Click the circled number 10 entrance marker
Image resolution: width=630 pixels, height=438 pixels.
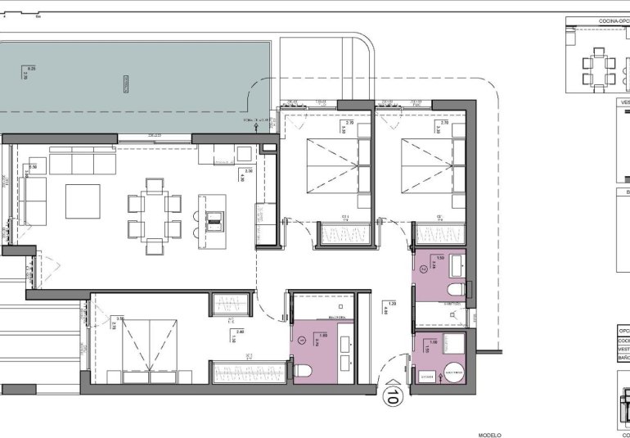[392, 397]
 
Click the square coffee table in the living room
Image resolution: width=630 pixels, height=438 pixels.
[83, 201]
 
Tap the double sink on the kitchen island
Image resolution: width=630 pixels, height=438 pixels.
[214, 218]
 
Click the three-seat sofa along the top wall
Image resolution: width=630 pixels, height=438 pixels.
[83, 164]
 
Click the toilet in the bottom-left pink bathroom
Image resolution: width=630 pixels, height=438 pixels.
[304, 370]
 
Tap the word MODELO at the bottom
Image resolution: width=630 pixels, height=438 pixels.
[490, 435]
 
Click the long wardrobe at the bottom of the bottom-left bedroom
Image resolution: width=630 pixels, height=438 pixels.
[249, 373]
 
